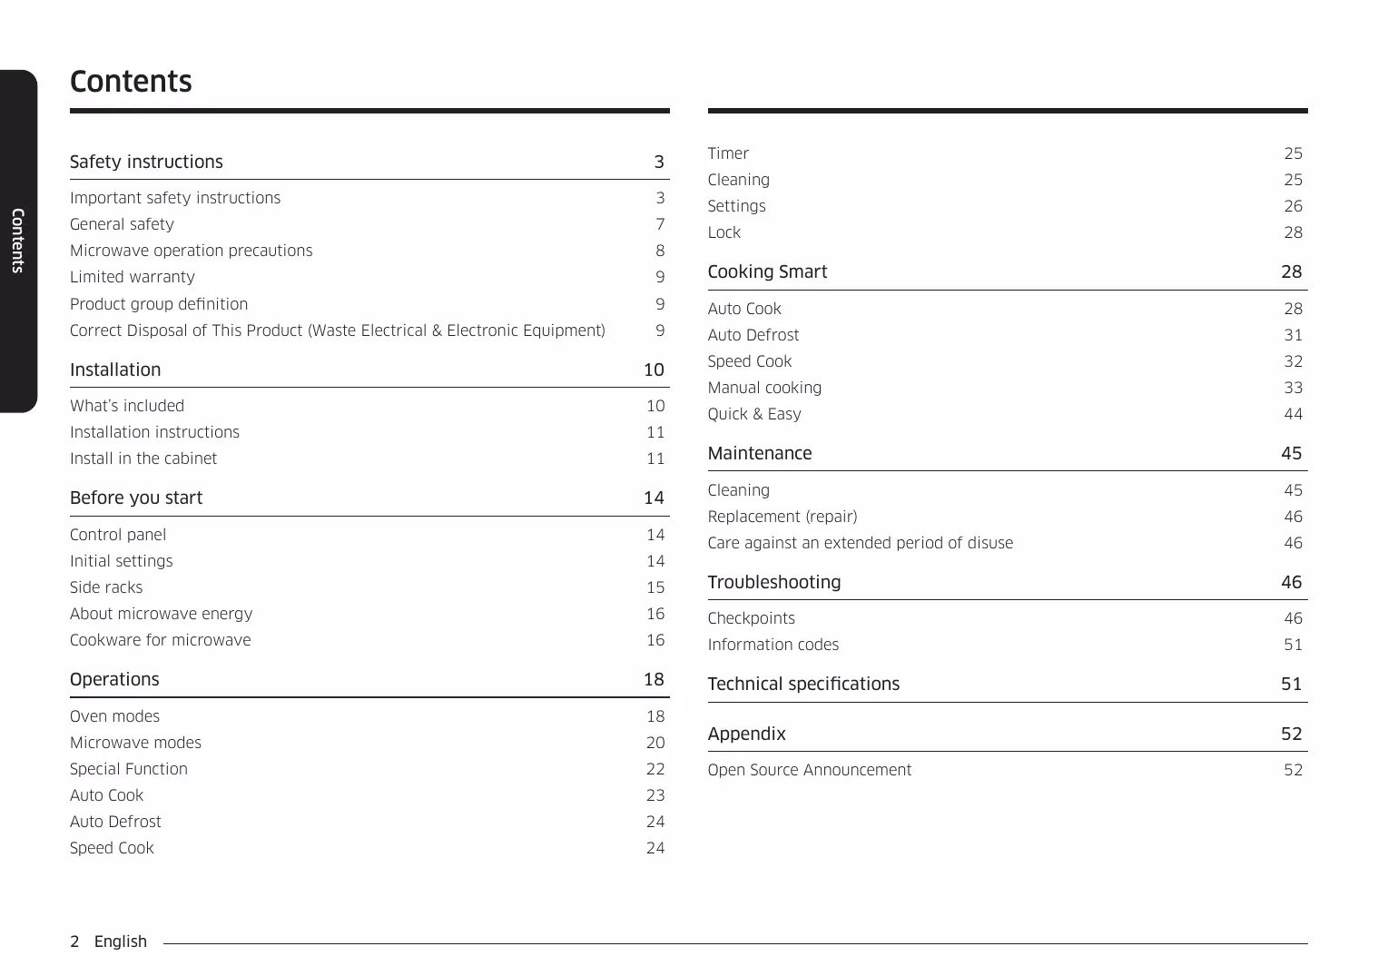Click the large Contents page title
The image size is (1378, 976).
click(131, 82)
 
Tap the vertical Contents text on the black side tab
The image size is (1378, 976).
click(17, 241)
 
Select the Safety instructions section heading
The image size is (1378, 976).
click(146, 162)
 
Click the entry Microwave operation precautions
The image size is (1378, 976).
click(191, 251)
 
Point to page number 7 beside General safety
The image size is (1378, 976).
click(660, 224)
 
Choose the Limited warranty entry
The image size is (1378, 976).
click(133, 277)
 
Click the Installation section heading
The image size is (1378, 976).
click(115, 370)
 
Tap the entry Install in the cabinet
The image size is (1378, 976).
click(143, 458)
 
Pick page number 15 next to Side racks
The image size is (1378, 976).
click(655, 587)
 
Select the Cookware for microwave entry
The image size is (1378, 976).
click(161, 640)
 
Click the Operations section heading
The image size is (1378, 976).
click(114, 679)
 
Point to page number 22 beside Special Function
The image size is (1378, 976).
click(655, 769)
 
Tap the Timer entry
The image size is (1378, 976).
click(728, 153)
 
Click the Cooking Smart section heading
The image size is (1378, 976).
click(767, 271)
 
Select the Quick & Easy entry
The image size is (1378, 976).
click(754, 414)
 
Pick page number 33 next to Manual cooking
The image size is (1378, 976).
click(1293, 388)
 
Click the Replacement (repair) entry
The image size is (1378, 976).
click(783, 517)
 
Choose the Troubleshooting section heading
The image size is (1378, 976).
click(774, 582)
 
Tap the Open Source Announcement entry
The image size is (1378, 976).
click(810, 770)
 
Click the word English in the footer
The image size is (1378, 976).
click(121, 941)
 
